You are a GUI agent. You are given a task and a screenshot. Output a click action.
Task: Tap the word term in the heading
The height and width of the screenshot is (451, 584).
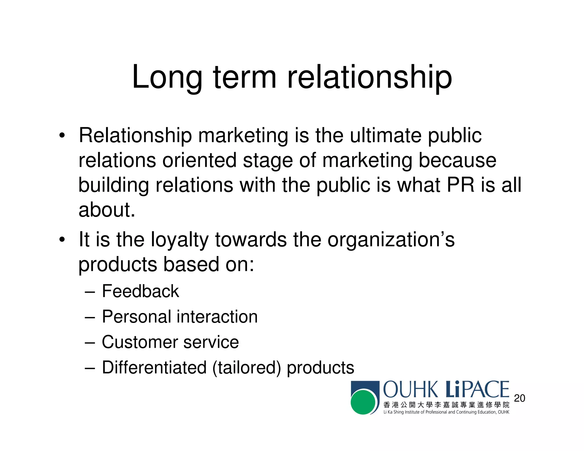[245, 77]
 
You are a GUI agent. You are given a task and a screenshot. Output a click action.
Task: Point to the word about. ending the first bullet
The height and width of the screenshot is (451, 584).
[107, 210]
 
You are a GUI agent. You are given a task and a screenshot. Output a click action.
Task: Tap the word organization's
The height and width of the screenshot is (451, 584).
[391, 240]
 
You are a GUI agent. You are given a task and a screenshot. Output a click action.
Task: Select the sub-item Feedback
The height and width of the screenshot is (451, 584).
[140, 291]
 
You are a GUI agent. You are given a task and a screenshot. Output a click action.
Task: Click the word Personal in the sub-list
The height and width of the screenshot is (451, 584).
[137, 317]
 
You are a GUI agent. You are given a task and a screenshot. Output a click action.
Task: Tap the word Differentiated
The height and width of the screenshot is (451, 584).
[154, 367]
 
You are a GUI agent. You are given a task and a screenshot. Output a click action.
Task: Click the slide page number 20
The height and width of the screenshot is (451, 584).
[519, 398]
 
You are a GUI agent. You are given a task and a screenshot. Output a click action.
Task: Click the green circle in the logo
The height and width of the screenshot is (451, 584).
[363, 402]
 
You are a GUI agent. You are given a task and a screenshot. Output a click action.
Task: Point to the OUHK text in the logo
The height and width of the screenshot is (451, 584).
[410, 389]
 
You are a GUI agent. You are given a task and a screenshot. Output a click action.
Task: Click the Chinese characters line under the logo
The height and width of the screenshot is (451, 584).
[446, 405]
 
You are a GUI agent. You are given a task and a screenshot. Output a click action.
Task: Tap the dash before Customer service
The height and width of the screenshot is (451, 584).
[90, 342]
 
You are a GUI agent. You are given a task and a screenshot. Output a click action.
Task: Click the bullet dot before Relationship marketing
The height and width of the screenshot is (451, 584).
[62, 135]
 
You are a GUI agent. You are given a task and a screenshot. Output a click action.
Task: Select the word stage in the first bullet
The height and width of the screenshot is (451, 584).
[267, 160]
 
